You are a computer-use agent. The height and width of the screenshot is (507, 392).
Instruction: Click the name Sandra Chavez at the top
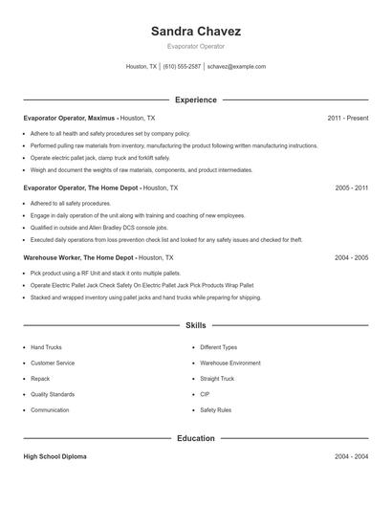195,31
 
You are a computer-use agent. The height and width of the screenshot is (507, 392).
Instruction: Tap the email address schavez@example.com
236,67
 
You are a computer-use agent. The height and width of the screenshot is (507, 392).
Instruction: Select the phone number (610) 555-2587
182,67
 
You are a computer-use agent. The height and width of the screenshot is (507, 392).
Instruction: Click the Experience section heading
195,99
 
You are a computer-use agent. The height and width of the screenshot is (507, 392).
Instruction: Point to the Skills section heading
195,325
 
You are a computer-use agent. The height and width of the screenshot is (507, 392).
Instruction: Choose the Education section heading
195,439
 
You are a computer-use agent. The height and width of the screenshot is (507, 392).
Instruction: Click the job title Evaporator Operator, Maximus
69,118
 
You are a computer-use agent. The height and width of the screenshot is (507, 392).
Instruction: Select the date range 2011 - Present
347,118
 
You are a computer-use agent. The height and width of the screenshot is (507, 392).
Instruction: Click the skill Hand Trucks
46,347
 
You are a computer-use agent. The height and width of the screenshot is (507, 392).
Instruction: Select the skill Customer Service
52,363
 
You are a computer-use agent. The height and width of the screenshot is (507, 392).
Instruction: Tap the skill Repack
41,378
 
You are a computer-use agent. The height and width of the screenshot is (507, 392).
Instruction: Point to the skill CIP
205,394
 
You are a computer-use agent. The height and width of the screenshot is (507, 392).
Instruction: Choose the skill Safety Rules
215,409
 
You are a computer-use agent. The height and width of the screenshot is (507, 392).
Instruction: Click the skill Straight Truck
218,378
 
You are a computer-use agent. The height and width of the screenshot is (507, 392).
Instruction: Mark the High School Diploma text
54,457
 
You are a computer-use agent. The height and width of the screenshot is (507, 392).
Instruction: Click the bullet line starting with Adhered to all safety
64,204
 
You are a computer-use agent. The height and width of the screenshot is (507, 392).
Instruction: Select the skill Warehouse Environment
229,363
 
